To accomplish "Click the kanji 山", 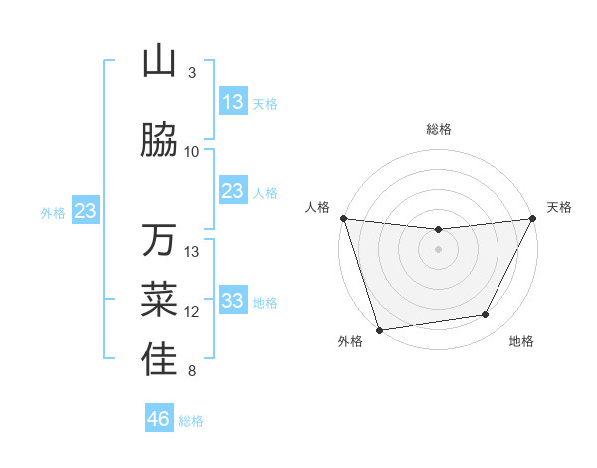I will [x=160, y=62].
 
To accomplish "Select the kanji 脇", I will [x=160, y=141].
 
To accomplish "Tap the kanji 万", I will [x=160, y=241].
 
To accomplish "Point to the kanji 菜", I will [x=160, y=300].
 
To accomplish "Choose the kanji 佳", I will [x=160, y=359].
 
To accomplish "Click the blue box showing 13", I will [x=233, y=102].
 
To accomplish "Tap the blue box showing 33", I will [x=233, y=301].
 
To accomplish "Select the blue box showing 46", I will [x=159, y=419].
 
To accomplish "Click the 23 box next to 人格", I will [x=233, y=191].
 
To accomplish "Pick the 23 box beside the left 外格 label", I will [x=85, y=211].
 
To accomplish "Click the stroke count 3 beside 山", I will [x=192, y=73].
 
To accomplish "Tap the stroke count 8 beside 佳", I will [x=192, y=372].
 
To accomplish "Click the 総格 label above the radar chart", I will [x=439, y=129].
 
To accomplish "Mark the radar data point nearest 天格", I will [x=533, y=218].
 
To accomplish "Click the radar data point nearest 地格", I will [x=486, y=315].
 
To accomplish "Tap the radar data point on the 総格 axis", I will [x=438, y=230].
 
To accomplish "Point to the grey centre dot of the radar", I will [x=438, y=249].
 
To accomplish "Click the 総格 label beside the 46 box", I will [x=191, y=421].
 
